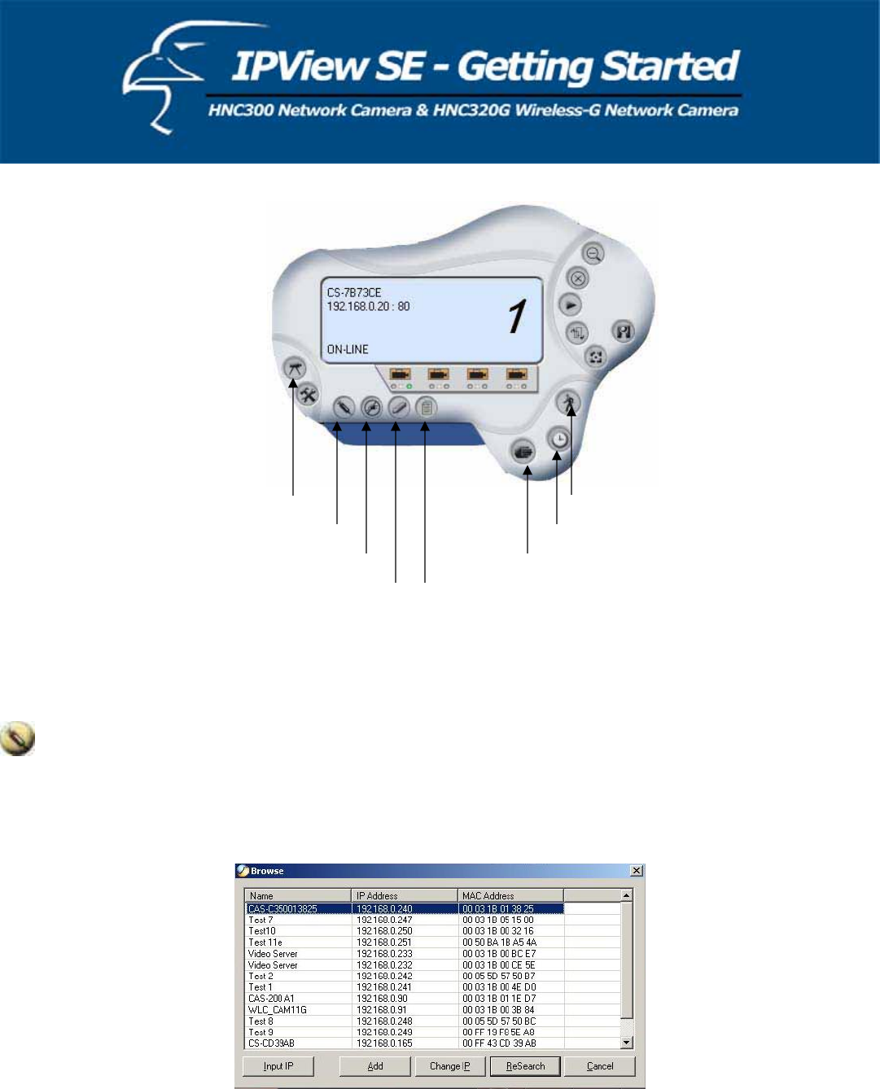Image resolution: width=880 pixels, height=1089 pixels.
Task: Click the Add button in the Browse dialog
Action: tap(374, 1065)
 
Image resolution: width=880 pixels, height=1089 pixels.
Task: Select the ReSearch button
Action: tap(525, 1065)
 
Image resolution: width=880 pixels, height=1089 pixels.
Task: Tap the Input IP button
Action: tap(278, 1065)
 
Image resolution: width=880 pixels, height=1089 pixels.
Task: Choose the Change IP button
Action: tap(449, 1065)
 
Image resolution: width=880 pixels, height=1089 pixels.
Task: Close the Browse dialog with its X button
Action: tap(637, 871)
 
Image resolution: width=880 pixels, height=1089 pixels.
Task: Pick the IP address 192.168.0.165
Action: tap(384, 1043)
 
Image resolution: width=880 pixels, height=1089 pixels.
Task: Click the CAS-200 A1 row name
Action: tap(271, 998)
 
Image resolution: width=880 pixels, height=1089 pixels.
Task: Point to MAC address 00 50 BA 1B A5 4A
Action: tap(499, 942)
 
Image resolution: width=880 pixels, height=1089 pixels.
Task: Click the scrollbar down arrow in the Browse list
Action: tap(627, 1043)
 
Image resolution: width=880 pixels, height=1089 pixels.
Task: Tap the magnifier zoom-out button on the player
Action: tap(594, 254)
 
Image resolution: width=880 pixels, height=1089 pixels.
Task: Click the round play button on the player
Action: tap(571, 305)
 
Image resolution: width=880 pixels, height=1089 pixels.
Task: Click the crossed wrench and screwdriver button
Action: tap(308, 396)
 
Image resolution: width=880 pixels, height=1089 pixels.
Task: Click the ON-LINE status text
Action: tap(348, 349)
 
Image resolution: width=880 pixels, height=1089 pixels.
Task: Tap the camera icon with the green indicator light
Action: tap(400, 375)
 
